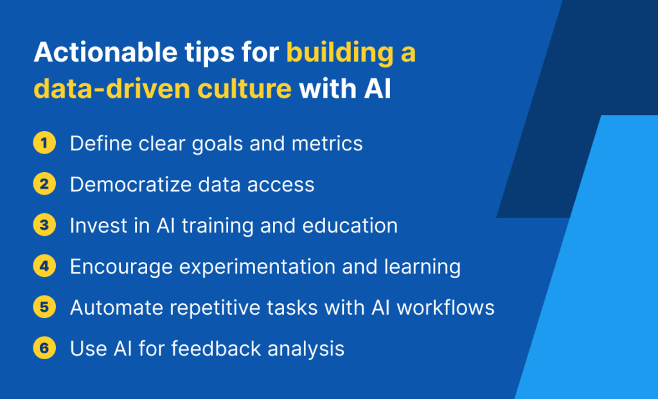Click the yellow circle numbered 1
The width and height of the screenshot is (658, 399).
click(44, 143)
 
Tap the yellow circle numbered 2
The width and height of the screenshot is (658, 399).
click(44, 184)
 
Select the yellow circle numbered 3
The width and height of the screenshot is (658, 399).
click(44, 225)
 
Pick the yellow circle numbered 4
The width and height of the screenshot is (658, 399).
click(44, 266)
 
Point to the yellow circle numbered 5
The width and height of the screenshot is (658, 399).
click(44, 307)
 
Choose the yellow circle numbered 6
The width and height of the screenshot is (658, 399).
click(44, 348)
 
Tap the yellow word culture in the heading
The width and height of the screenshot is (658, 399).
click(244, 89)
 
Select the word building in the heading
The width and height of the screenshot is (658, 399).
click(341, 53)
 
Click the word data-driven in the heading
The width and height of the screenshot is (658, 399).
click(112, 89)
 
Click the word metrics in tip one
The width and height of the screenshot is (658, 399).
click(327, 143)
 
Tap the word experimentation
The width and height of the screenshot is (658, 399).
click(257, 267)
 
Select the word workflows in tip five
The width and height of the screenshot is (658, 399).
click(446, 308)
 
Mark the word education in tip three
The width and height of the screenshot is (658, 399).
click(350, 226)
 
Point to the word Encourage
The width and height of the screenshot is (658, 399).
click(121, 267)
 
